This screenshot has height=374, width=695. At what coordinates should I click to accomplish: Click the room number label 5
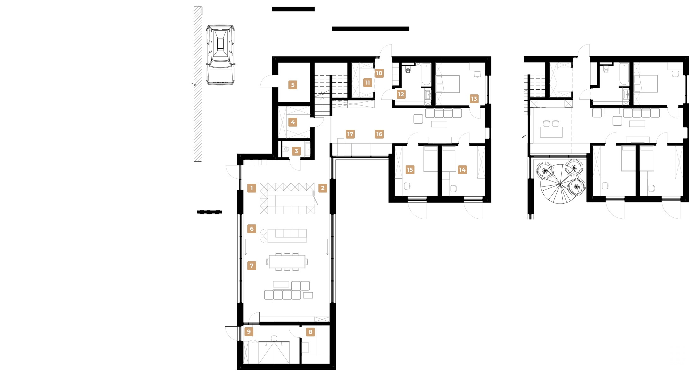[x=293, y=85]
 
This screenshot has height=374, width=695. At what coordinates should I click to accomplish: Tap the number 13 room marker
[x=474, y=99]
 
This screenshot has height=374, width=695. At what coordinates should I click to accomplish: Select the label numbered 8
[x=310, y=332]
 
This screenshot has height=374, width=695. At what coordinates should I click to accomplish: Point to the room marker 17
[x=350, y=134]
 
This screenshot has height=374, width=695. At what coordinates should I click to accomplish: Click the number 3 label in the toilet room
[x=296, y=151]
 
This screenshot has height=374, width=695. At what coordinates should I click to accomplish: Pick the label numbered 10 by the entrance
[x=379, y=73]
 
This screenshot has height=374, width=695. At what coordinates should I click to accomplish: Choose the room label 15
[x=410, y=170]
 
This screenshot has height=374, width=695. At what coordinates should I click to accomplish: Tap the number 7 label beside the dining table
[x=251, y=266]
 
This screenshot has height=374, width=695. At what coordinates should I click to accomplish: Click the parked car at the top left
[x=220, y=55]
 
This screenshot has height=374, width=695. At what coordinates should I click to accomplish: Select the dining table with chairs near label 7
[x=287, y=262]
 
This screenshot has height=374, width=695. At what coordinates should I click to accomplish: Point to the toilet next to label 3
[x=286, y=149]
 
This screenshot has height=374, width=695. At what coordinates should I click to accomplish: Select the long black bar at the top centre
[x=370, y=29]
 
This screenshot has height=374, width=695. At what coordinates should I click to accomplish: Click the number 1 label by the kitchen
[x=251, y=188]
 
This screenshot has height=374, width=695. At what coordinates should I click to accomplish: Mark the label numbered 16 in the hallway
[x=379, y=134]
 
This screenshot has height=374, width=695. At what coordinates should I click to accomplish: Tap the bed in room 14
[x=449, y=158]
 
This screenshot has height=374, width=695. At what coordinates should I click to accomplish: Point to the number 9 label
[x=249, y=332]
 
